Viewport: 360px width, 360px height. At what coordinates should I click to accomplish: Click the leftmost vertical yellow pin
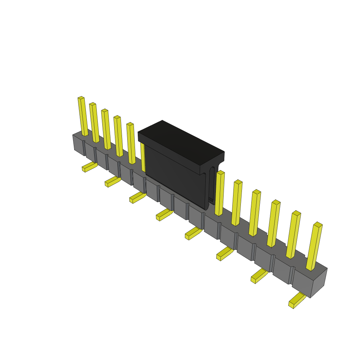coord(83,116)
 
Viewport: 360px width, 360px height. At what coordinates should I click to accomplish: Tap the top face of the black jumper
coord(181,142)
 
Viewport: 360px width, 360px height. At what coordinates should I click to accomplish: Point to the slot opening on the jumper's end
coord(212,185)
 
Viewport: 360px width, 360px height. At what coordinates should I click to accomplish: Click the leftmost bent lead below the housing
coord(89,167)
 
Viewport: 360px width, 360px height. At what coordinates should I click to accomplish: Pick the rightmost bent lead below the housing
coord(296,300)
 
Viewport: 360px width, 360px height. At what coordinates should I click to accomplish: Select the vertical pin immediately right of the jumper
coord(219,193)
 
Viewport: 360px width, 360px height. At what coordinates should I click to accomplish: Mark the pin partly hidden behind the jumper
coord(143,156)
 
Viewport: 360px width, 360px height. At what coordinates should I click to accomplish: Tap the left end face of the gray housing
coord(78,144)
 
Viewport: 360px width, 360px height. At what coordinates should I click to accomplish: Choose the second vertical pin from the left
coord(94,123)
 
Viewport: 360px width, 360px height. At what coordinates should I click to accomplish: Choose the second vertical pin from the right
coord(293,235)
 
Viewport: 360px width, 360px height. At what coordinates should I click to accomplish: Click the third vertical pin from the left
coord(106,129)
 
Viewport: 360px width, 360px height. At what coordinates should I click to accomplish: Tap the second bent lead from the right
coord(259,276)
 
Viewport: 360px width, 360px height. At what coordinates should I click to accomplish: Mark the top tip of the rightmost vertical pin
coord(318,225)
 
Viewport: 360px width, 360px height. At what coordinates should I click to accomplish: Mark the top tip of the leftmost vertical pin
coord(81,98)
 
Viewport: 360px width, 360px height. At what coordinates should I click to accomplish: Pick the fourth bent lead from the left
coord(164,214)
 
